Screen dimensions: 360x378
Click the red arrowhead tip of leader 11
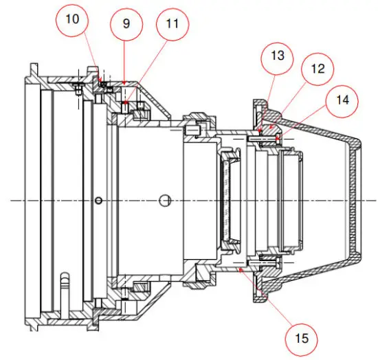(125, 104)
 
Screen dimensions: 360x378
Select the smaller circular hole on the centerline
(100, 200)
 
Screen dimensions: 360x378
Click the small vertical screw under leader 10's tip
(80, 89)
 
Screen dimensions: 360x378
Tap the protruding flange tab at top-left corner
(32, 69)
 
